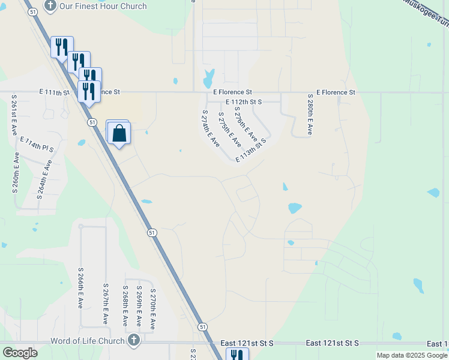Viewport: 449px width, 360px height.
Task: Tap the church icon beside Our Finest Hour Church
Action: pyautogui.click(x=50, y=6)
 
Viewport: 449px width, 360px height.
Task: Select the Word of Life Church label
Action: pyautogui.click(x=88, y=341)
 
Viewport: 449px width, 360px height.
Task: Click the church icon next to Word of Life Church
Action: pyautogui.click(x=133, y=340)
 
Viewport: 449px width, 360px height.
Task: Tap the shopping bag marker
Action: pyautogui.click(x=119, y=133)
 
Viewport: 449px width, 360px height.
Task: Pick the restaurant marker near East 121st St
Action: pyautogui.click(x=237, y=356)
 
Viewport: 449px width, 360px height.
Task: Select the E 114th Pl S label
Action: pyautogui.click(x=37, y=143)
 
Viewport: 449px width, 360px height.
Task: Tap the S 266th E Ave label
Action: pyautogui.click(x=80, y=288)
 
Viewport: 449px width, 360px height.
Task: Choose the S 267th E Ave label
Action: pyautogui.click(x=106, y=304)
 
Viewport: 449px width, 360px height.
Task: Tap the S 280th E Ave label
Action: pyautogui.click(x=310, y=114)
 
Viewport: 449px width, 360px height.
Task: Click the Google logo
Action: pyautogui.click(x=20, y=352)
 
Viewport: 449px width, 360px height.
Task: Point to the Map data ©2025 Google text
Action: pyautogui.click(x=412, y=355)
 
